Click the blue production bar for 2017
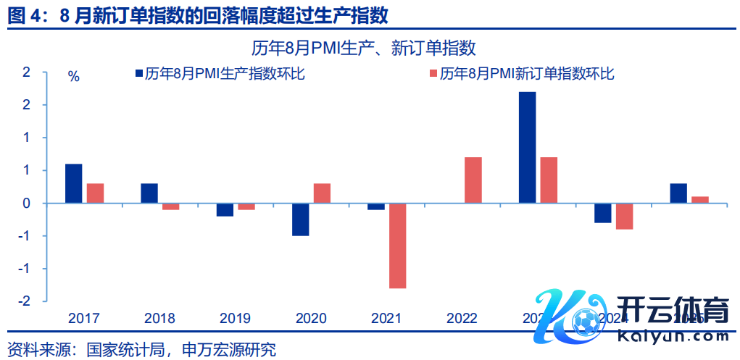[x=73, y=184]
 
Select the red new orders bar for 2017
[x=95, y=193]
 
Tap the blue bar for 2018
[x=149, y=193]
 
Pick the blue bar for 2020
[x=300, y=219]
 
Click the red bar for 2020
[x=322, y=193]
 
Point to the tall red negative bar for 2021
[x=396, y=246]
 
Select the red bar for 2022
[x=473, y=180]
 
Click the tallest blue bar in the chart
[x=527, y=148]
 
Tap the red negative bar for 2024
[x=624, y=217]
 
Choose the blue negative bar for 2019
[x=225, y=210]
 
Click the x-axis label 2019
[x=236, y=318]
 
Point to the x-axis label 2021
[x=386, y=318]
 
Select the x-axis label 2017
[x=84, y=318]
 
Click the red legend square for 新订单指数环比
[x=433, y=73]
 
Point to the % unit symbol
[x=73, y=77]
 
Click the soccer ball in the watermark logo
[x=585, y=319]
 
